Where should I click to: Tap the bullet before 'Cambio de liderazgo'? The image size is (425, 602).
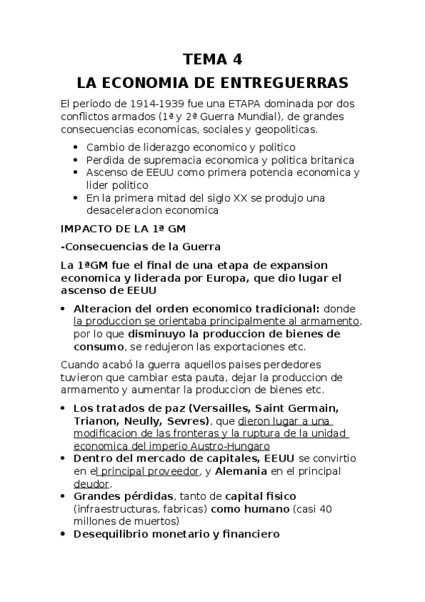(x=77, y=148)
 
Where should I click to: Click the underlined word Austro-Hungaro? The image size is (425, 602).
(x=235, y=447)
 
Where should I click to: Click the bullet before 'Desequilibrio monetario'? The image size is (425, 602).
(x=65, y=535)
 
